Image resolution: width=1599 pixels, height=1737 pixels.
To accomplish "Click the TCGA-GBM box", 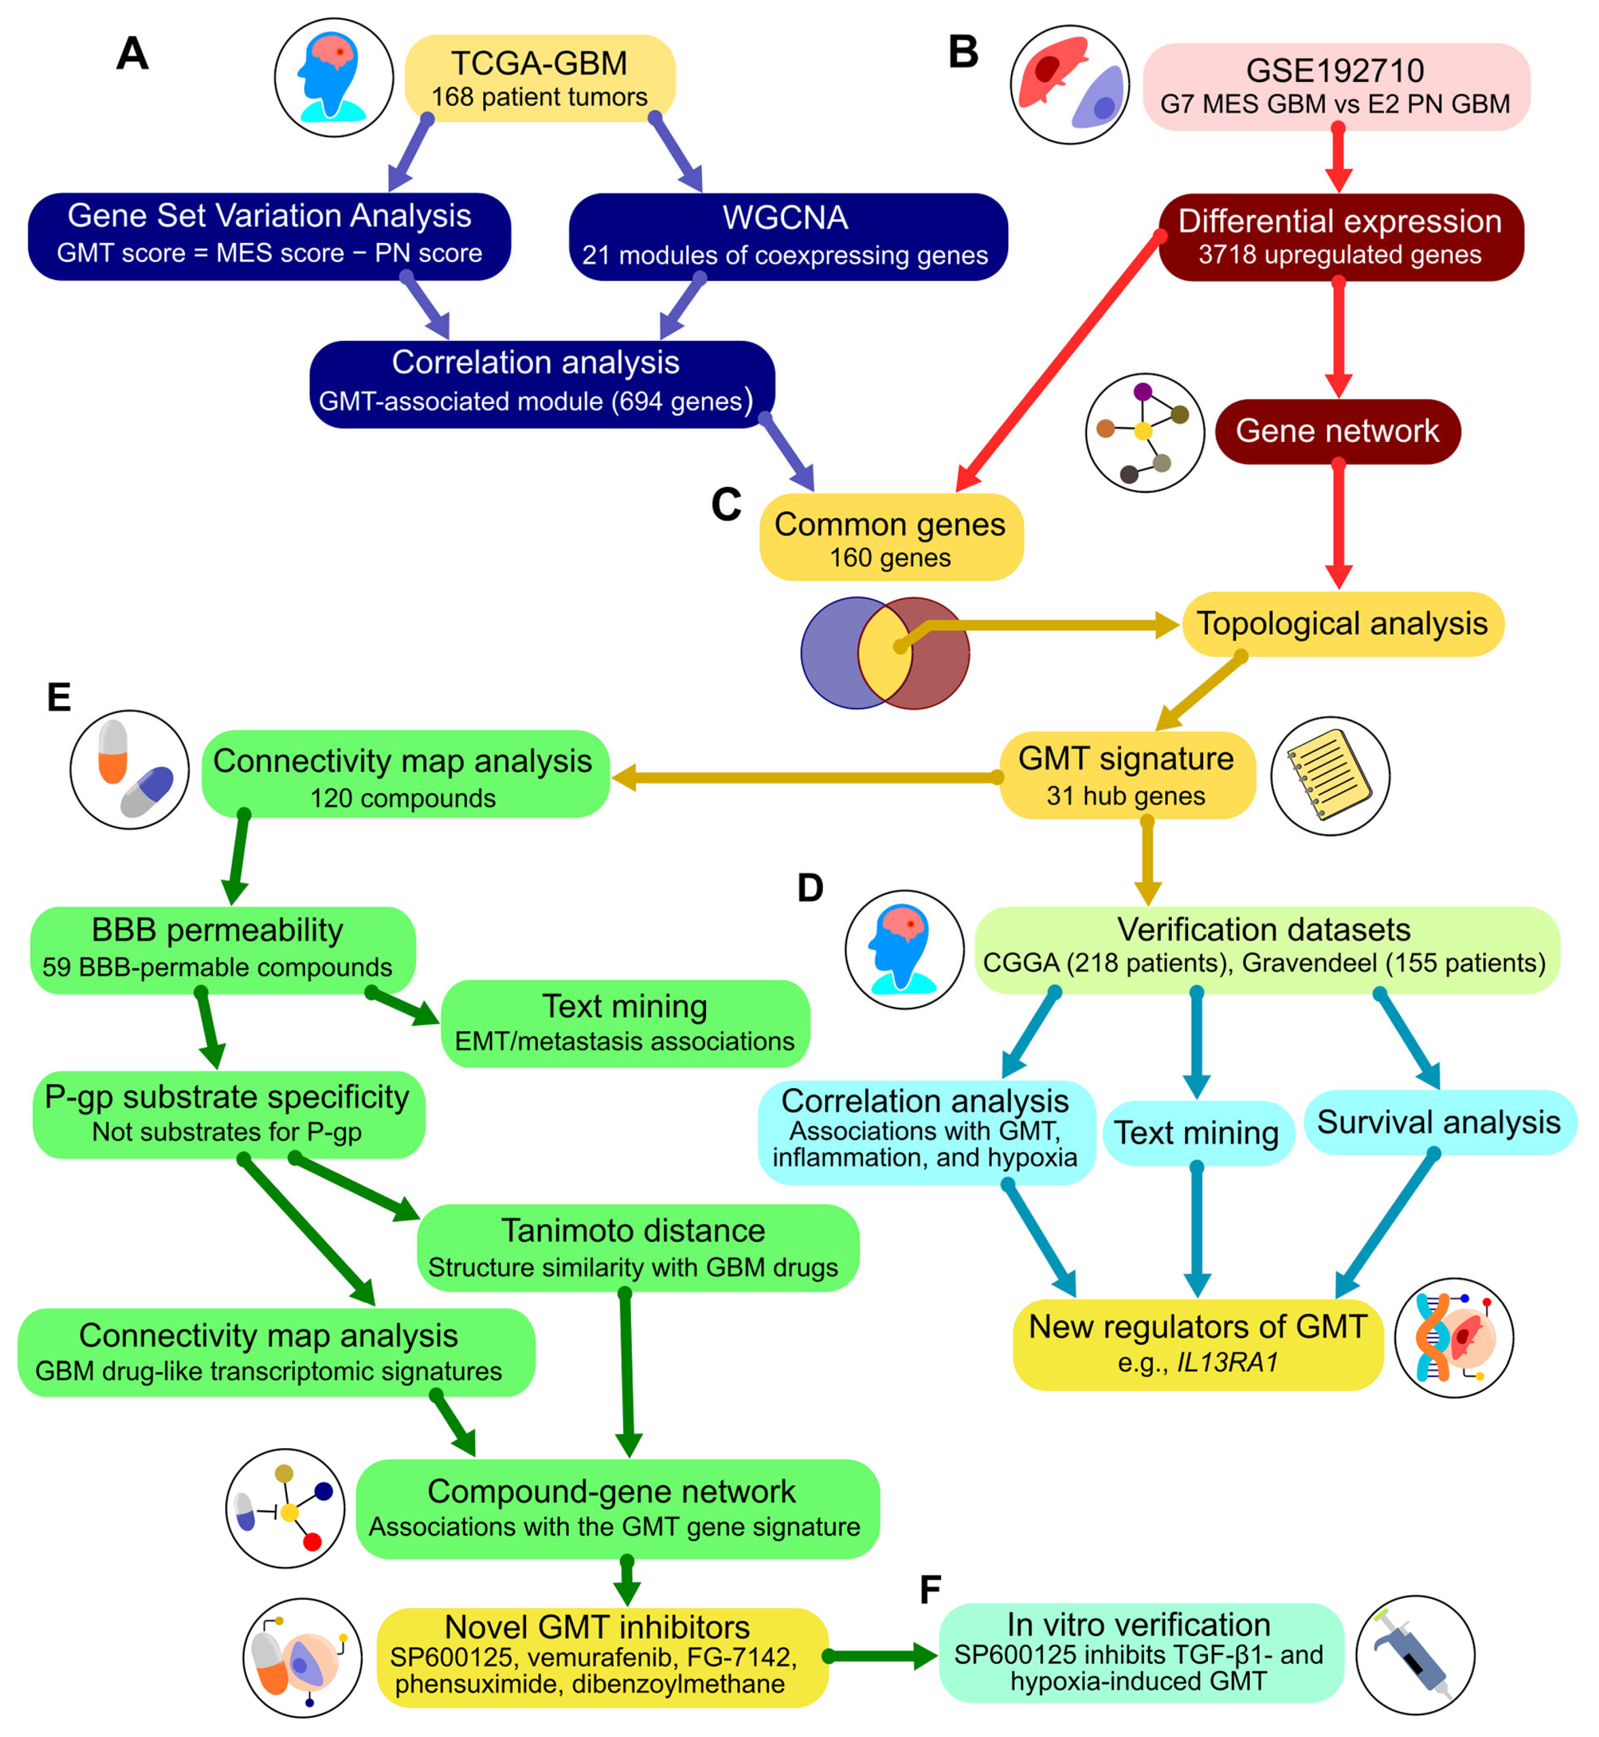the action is coord(540,78).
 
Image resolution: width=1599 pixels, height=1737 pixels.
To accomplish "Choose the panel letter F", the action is coord(930,1589).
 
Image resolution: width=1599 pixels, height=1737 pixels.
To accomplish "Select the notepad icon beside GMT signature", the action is coord(1330,776).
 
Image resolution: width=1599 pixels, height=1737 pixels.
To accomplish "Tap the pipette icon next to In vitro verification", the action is coord(1414,1655).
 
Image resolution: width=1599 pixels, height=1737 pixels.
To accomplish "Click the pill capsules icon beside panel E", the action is coord(130,770).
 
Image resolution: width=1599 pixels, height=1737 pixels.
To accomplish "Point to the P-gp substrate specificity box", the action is coord(228,1114).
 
